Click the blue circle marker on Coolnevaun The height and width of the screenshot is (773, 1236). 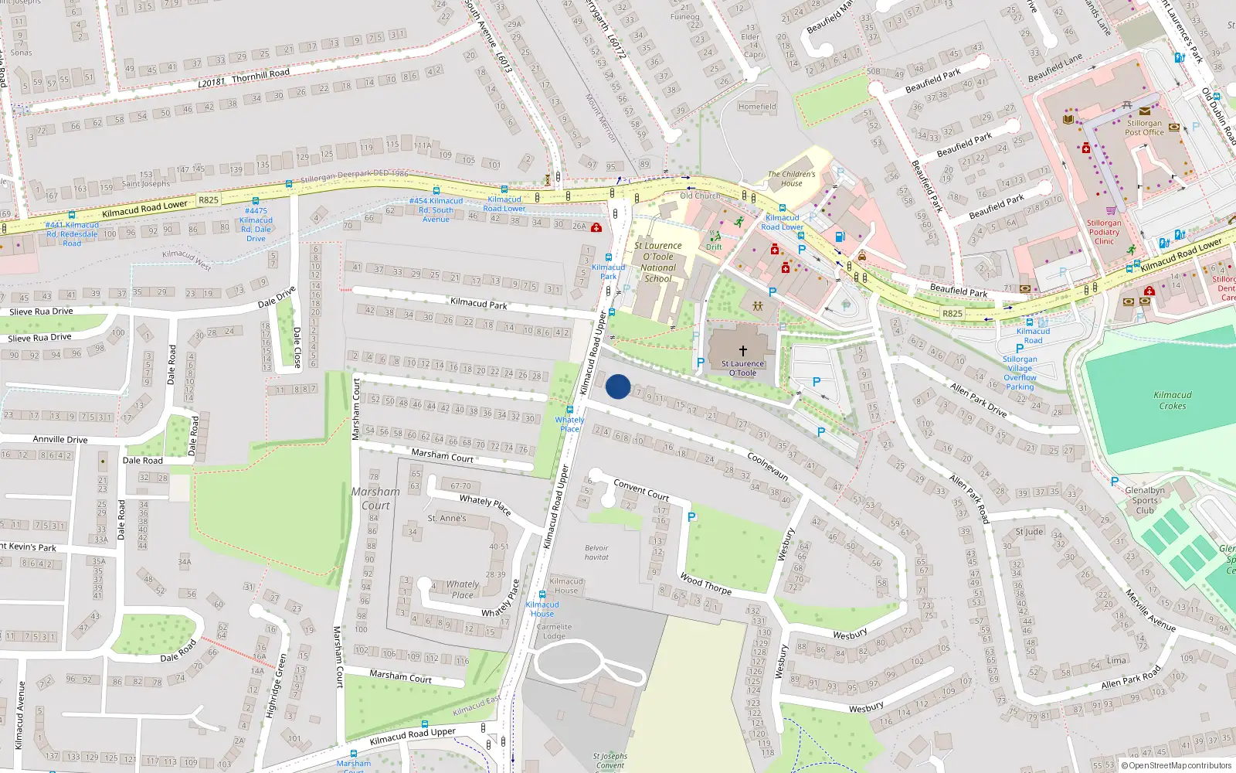pyautogui.click(x=618, y=386)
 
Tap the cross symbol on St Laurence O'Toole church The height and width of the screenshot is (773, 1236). pyautogui.click(x=743, y=350)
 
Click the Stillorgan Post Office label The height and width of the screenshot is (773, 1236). pyautogui.click(x=1144, y=128)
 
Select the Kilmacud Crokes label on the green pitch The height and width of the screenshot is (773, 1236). pyautogui.click(x=1172, y=400)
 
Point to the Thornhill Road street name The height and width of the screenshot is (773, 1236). pyautogui.click(x=260, y=75)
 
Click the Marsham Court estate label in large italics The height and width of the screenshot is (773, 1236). pyautogui.click(x=376, y=499)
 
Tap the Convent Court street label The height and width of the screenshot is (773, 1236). pyautogui.click(x=641, y=489)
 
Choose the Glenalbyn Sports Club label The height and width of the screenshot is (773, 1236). pyautogui.click(x=1145, y=500)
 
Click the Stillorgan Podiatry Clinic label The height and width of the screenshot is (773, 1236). pyautogui.click(x=1104, y=232)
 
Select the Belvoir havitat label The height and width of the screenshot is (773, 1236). pyautogui.click(x=596, y=552)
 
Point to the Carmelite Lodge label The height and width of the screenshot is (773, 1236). pyautogui.click(x=554, y=632)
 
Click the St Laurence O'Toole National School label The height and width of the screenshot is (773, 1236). pyautogui.click(x=658, y=262)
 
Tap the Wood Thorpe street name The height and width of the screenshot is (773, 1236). pyautogui.click(x=705, y=584)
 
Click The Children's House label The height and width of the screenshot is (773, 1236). pyautogui.click(x=791, y=179)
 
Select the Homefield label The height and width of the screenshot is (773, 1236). pyautogui.click(x=757, y=107)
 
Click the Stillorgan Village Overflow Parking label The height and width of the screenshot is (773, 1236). pyautogui.click(x=1020, y=373)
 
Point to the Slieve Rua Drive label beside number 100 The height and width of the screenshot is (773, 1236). pyautogui.click(x=39, y=337)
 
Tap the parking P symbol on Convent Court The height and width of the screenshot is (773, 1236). pyautogui.click(x=691, y=517)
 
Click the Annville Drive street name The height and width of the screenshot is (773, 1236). pyautogui.click(x=60, y=439)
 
